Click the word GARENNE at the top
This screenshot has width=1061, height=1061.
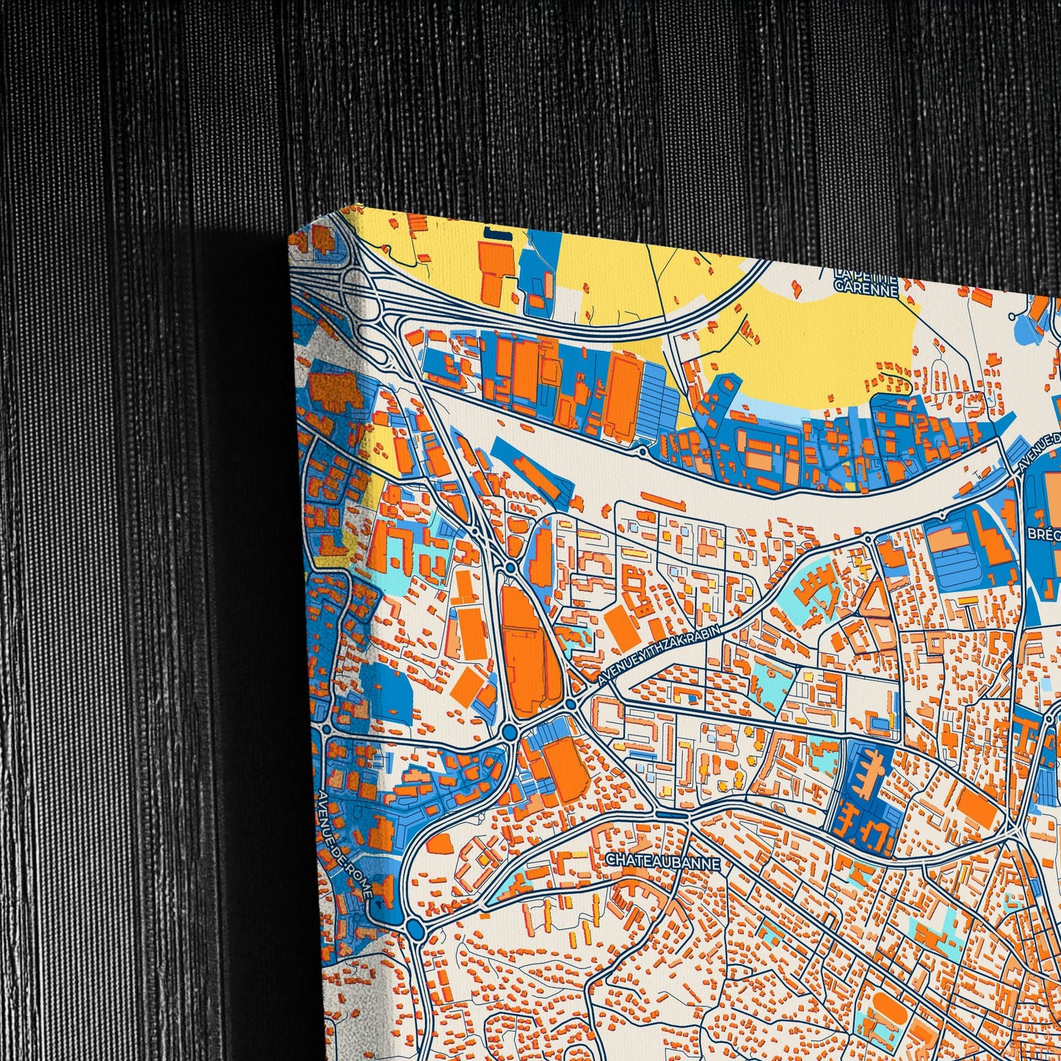coord(866,289)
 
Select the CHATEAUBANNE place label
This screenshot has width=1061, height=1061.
coord(663,860)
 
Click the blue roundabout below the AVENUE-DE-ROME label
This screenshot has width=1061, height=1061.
coord(416,929)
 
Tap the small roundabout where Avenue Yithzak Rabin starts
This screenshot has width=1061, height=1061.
coord(571,704)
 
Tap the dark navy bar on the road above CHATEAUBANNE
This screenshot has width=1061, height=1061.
coord(672,814)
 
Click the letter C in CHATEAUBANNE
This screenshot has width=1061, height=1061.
coord(610,860)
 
